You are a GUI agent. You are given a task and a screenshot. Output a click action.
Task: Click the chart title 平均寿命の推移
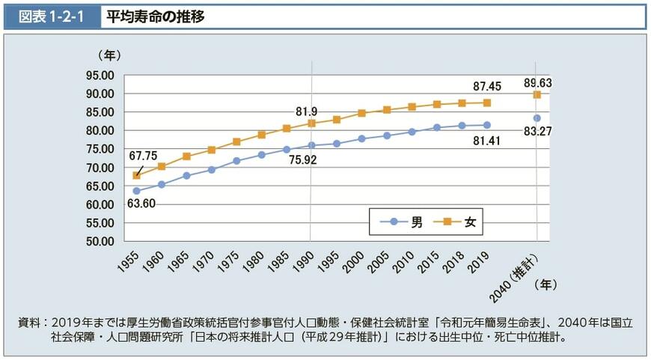tap(155, 16)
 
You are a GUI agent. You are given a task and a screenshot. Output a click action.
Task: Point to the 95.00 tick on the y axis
tap(100, 76)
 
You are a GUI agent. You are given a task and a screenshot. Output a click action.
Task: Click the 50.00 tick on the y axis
tap(100, 242)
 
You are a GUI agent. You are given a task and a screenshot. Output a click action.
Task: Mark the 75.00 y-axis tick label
tap(100, 149)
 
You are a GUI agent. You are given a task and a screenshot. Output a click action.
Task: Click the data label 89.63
tap(537, 82)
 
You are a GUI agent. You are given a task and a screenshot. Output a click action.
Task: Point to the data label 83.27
tap(537, 132)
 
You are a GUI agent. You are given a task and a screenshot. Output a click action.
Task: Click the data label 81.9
tap(306, 112)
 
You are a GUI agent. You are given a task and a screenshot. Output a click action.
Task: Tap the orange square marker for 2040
tap(537, 95)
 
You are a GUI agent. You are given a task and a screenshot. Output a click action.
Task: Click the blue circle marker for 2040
tap(537, 118)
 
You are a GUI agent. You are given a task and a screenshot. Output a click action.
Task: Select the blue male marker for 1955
tap(136, 191)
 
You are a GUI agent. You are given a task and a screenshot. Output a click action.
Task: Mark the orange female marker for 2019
tap(487, 103)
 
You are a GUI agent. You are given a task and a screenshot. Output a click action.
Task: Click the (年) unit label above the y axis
tap(109, 55)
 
